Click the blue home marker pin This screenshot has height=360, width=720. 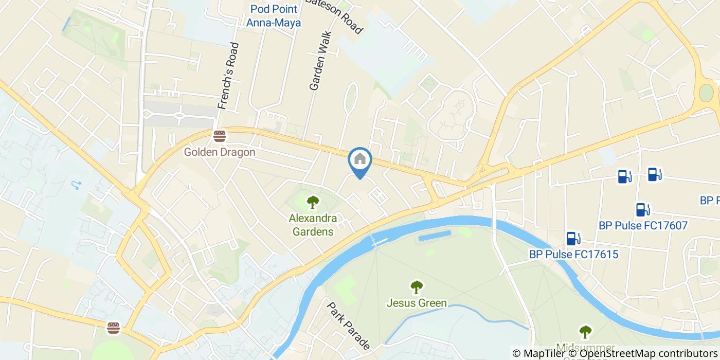point(360,160)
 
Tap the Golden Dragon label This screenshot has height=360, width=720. point(220,152)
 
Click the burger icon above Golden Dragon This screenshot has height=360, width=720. point(220,136)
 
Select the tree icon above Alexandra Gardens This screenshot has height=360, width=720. point(312,202)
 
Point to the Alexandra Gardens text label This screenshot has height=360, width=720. point(313,225)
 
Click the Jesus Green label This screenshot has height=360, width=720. point(416,303)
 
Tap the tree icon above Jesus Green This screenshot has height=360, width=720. point(416,286)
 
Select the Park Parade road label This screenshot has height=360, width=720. point(349,325)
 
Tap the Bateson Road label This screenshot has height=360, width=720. point(334,15)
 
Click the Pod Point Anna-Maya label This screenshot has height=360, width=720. point(273,15)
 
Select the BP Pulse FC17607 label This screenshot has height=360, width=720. point(643,225)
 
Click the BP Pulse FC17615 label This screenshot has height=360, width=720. point(573,254)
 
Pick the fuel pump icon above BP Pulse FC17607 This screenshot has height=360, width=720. point(641,209)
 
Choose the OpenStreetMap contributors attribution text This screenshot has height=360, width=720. point(649,353)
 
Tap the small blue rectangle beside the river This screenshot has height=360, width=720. point(435,236)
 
